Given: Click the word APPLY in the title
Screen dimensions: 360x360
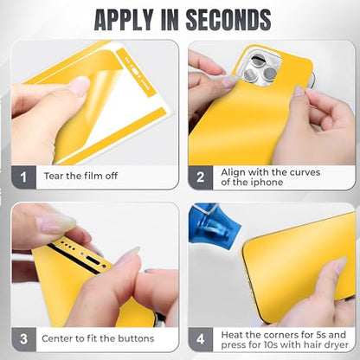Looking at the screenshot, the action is (x=124, y=20).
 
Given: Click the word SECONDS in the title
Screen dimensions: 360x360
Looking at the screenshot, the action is (x=228, y=20).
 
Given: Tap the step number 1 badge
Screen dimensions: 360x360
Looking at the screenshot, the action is (x=23, y=177).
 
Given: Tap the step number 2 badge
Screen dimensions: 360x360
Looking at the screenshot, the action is (x=201, y=177).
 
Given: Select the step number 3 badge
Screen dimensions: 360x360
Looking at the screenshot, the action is (x=23, y=339).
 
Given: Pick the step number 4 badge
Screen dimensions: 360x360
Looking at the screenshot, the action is (x=201, y=339).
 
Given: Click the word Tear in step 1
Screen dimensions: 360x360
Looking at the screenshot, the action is (x=54, y=176).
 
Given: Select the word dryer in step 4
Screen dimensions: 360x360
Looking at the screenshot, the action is (x=337, y=344).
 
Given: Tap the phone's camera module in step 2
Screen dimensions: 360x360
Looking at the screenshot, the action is (x=262, y=68).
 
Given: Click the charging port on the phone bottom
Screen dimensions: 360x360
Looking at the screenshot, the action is (x=93, y=260).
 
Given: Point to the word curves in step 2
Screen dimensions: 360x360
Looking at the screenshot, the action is (x=305, y=172).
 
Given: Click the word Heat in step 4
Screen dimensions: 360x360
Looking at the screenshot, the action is (x=232, y=335).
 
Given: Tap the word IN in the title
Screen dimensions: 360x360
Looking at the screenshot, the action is (x=170, y=20).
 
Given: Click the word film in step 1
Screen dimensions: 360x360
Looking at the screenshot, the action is (x=93, y=176).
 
